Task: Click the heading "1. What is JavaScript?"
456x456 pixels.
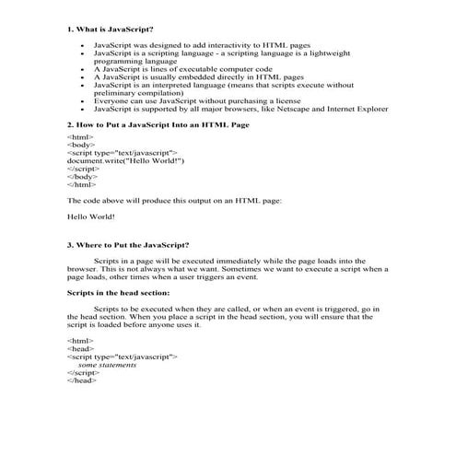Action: [109, 30]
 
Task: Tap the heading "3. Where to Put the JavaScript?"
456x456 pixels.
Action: [129, 245]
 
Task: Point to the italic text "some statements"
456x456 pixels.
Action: [107, 364]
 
